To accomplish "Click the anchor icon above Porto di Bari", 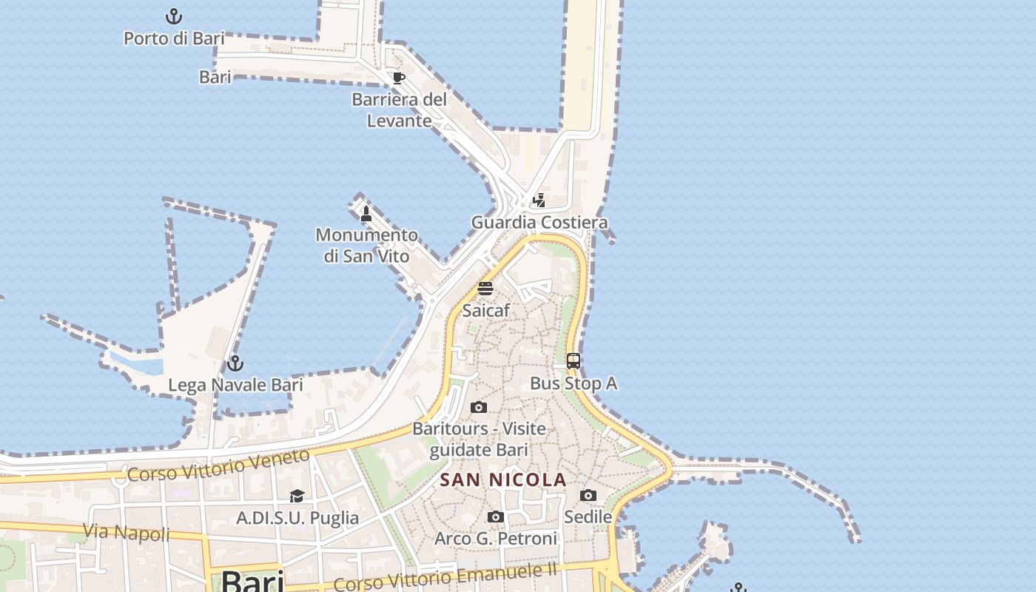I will coord(173,16).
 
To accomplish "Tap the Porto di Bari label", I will coord(174,38).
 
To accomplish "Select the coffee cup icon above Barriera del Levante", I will coord(398,78).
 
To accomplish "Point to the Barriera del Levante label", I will coord(400,110).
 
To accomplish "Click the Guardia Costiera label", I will coord(539,222).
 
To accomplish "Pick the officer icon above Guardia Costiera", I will coord(539,200).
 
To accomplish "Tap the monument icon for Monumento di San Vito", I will coord(366,214).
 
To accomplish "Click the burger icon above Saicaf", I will coord(485,289).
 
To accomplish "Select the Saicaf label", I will coord(486,311).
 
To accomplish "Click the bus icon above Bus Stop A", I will coord(573,361).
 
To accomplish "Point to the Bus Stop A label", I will coord(573,383).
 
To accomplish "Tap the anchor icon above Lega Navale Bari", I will coord(235,363).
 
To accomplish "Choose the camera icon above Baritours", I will coord(479,407).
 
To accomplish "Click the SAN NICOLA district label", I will coord(503,480).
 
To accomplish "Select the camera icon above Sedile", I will coord(588,495).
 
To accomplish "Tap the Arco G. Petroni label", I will coord(496,539).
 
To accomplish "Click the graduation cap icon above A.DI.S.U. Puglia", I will coord(297,496).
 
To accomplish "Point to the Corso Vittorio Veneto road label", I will coord(218,465).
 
